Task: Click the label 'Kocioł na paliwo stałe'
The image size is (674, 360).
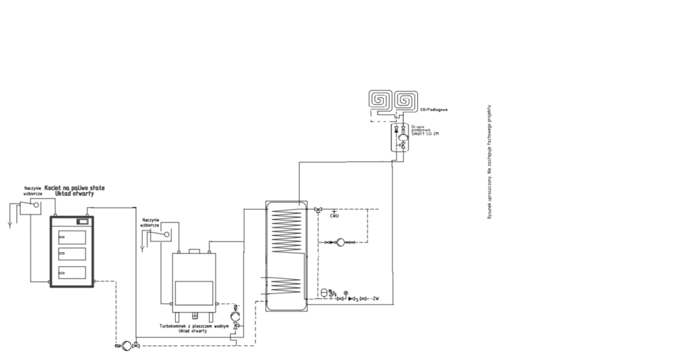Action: point(74,187)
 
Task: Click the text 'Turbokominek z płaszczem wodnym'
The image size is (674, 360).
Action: point(195,326)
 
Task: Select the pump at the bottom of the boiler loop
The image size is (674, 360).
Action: point(124,345)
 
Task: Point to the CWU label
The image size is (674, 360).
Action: point(334,216)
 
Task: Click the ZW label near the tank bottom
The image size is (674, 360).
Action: point(375,298)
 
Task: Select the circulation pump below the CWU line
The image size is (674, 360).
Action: point(341,241)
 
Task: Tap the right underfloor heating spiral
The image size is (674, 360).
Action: point(406,102)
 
